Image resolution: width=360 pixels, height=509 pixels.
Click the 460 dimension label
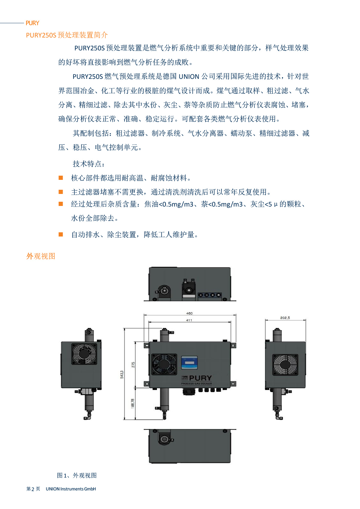point(189,313)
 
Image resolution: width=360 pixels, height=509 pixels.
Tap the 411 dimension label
point(189,320)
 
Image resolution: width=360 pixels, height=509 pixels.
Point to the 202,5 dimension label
point(285,318)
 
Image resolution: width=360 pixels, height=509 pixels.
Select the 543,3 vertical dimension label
point(122,374)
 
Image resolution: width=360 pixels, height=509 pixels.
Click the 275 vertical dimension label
point(133,365)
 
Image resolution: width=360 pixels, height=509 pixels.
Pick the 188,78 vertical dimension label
point(133,403)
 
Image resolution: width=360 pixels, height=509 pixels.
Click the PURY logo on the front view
point(200,378)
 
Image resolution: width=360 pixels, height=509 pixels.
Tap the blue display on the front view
point(189,363)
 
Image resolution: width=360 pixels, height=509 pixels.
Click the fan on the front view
point(164,364)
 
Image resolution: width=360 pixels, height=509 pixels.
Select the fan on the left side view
point(84,354)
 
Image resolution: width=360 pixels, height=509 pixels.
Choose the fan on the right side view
point(285,365)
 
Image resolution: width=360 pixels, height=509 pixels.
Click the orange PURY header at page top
point(32,23)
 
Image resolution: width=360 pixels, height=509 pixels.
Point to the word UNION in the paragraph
point(189,77)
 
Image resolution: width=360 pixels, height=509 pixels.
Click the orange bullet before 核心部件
point(61,178)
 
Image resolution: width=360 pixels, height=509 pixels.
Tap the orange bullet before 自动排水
point(61,234)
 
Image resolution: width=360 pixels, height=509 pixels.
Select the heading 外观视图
point(41,256)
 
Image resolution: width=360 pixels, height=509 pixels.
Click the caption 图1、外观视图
point(77,475)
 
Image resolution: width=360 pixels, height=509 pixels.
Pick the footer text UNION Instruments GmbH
point(71,489)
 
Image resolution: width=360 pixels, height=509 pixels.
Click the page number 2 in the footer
point(33,489)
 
